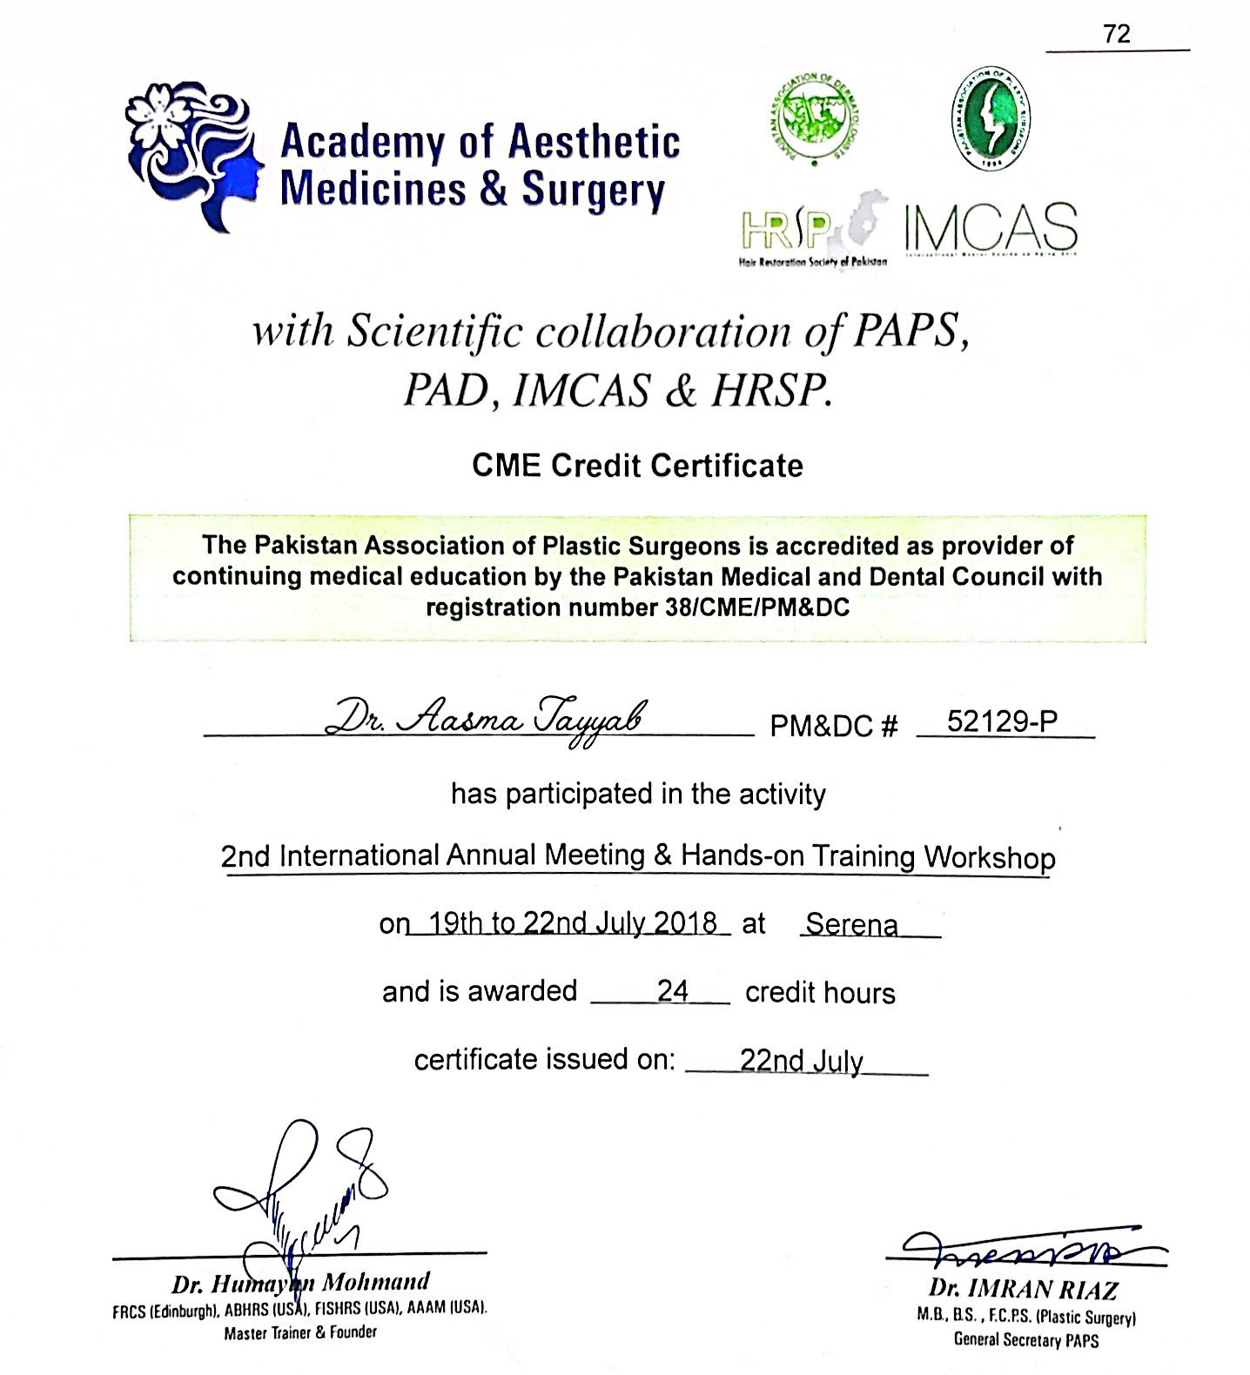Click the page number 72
point(1117,34)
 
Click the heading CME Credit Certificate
point(637,466)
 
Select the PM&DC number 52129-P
point(1002,721)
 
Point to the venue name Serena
point(851,923)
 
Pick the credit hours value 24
point(673,990)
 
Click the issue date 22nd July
point(802,1061)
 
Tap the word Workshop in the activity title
point(990,857)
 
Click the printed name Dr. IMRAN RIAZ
point(1023,1288)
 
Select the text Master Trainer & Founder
point(300,1331)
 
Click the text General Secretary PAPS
point(1026,1340)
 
